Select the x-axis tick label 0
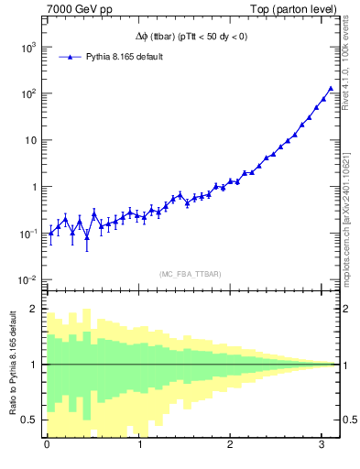[47, 446]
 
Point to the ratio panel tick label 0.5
[28, 420]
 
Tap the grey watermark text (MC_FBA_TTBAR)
[191, 274]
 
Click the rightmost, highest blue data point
[331, 89]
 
